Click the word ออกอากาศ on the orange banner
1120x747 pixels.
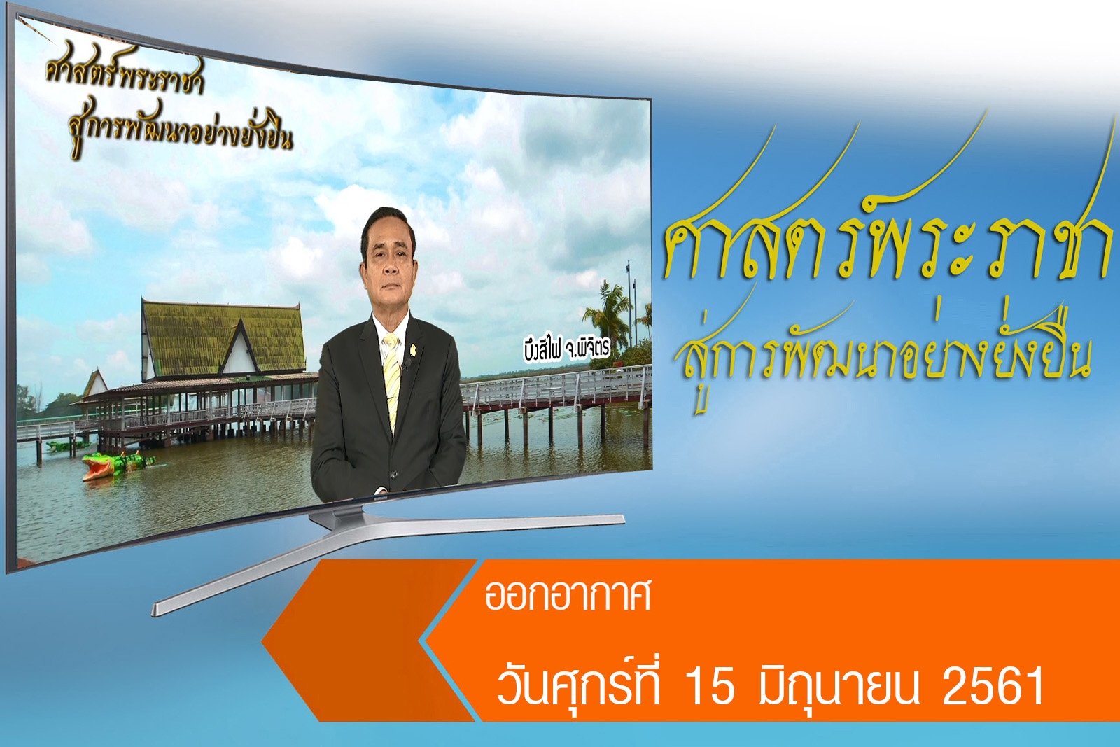[568, 596]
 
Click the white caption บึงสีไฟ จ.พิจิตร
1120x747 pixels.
[567, 349]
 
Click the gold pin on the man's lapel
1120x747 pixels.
[413, 349]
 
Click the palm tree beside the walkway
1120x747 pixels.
[608, 312]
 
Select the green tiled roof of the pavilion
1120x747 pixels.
[223, 338]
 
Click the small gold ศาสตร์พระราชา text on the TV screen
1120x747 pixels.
[125, 74]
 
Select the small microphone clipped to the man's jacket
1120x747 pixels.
[406, 365]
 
